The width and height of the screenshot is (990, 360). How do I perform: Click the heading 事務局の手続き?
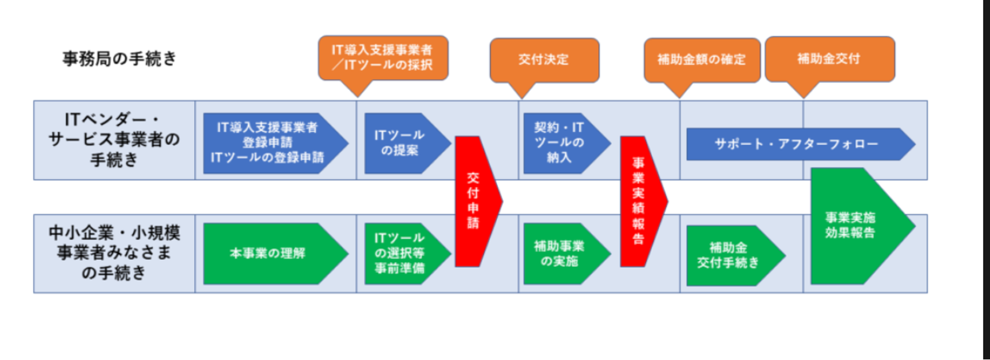[119, 58]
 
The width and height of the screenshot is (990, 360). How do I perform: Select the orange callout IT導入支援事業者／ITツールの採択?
[383, 57]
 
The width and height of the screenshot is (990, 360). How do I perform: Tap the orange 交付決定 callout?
[544, 59]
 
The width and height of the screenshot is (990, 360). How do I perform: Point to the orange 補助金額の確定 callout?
[701, 59]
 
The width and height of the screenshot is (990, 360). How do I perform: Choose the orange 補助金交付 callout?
[829, 58]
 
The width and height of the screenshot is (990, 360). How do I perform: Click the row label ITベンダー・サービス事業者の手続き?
[114, 139]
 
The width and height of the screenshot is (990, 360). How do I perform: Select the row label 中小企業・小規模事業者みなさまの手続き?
[114, 253]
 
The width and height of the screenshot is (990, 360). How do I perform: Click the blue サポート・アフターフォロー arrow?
[795, 144]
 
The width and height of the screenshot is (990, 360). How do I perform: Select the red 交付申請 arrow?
[474, 201]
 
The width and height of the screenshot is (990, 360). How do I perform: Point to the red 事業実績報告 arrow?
[639, 201]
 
